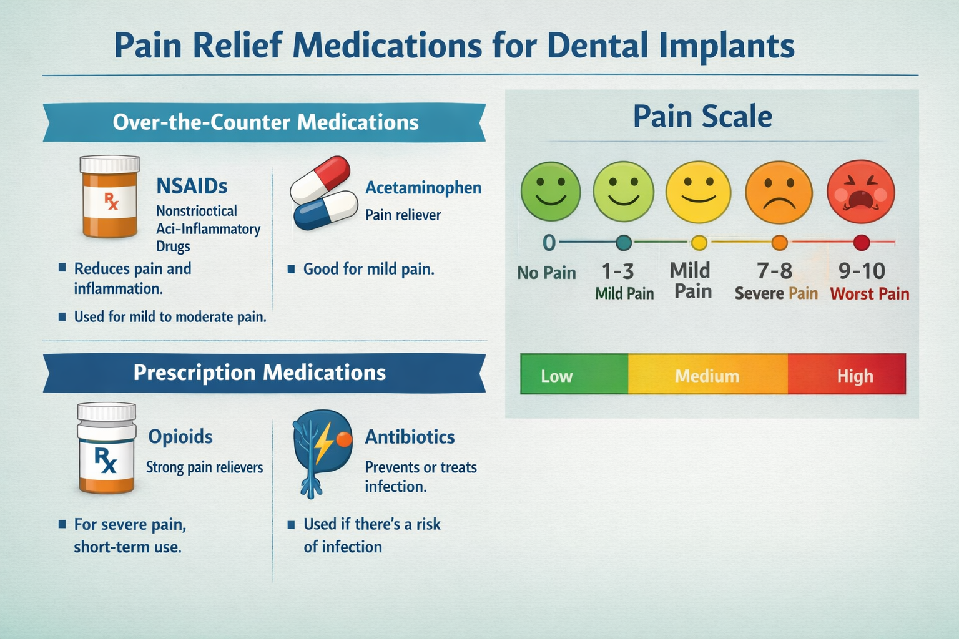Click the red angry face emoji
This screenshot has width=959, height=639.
coord(860,192)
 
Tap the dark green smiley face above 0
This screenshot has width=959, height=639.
coord(551,192)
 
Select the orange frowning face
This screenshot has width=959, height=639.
coord(779,192)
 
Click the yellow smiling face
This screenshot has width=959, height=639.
coord(698,192)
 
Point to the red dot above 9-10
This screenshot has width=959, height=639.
coord(861,243)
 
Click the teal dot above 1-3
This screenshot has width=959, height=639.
coord(623,243)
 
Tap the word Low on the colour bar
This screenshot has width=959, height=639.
coord(556,376)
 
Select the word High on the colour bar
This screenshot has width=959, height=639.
coord(855,376)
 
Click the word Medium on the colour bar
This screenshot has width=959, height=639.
coord(707,376)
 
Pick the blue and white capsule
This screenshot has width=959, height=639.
coord(325,211)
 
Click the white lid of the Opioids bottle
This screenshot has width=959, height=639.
coord(106,412)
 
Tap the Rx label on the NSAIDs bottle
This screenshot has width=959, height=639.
coord(111,201)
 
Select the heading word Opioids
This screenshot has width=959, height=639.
coord(180,436)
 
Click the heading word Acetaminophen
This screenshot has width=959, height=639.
coord(423,188)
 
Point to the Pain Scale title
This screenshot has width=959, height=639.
coord(702,117)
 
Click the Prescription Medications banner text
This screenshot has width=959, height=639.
coord(260,373)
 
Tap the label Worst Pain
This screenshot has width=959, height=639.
coord(869,294)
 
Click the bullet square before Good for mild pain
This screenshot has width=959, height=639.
coord(291,270)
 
